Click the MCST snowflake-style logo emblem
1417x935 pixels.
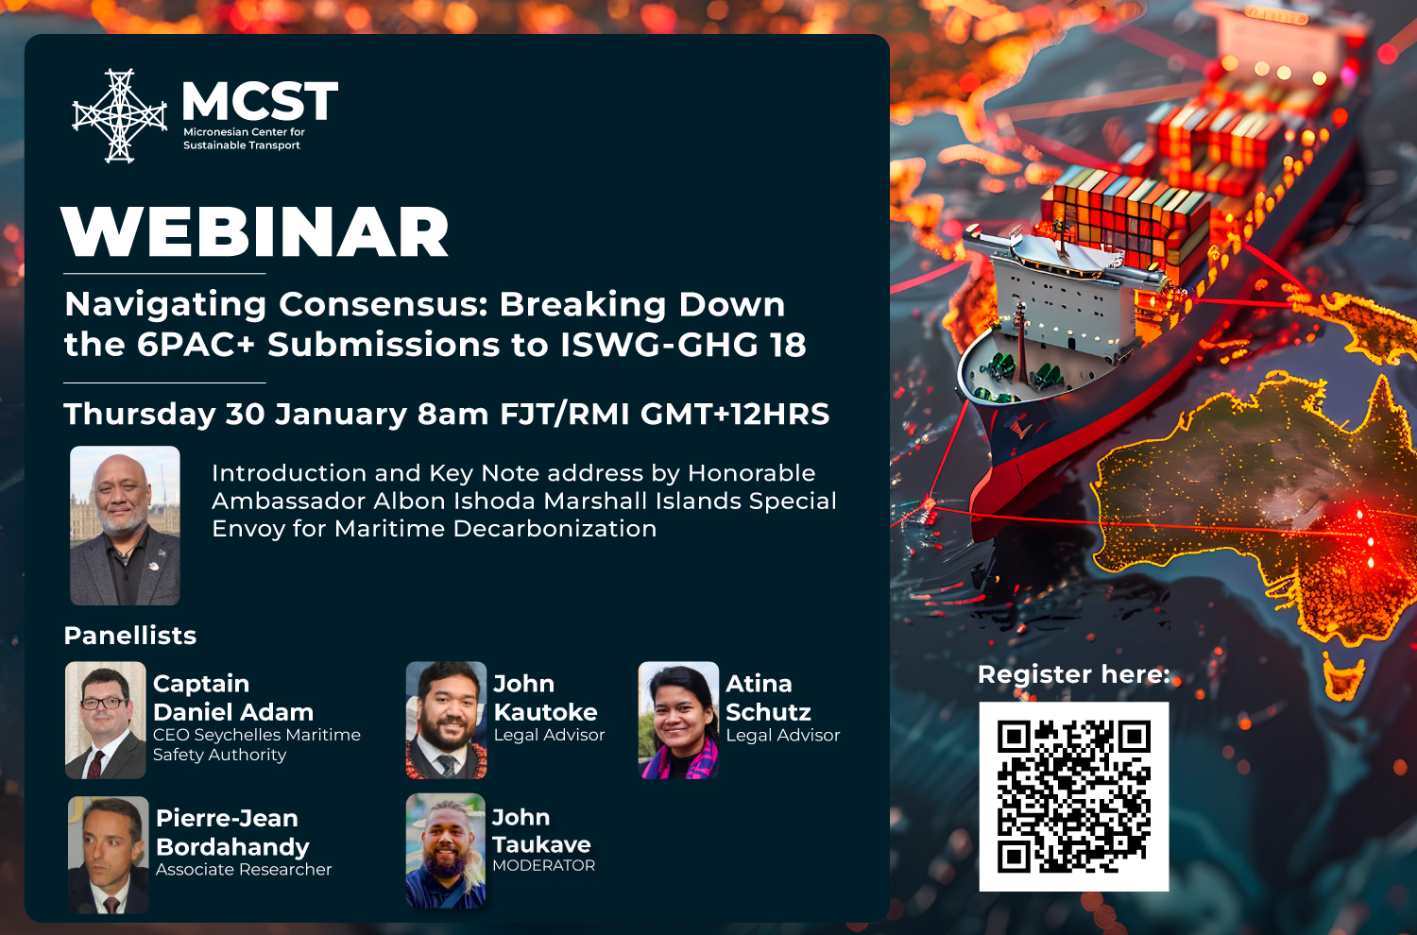119,115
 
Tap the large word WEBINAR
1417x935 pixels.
255,233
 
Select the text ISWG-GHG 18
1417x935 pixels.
683,345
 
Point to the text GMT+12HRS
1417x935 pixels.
735,414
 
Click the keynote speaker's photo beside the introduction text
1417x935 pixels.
125,525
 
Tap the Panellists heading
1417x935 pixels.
130,636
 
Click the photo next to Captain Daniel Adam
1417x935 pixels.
105,720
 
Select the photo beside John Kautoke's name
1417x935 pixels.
446,720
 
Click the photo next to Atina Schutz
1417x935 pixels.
678,720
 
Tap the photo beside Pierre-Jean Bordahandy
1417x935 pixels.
108,855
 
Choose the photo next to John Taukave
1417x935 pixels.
445,851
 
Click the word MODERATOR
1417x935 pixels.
543,865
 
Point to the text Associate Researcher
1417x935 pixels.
244,869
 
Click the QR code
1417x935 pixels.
1073,796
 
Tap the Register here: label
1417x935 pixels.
1073,674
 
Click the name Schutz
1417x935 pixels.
768,712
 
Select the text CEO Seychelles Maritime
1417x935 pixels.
257,735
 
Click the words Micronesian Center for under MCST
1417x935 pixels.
244,132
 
